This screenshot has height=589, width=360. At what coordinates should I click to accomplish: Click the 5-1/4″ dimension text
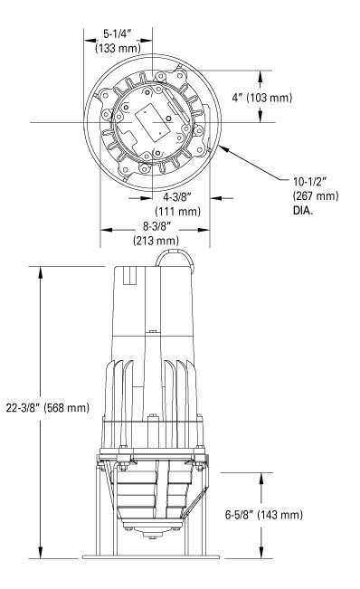pos(118,34)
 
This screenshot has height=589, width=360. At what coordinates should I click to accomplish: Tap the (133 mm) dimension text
pos(118,48)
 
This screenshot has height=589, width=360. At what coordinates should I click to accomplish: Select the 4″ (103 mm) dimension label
pos(261,98)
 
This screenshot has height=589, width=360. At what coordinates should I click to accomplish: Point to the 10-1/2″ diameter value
pos(310,182)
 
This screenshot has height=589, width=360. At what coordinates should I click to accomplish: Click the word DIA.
pos(303,210)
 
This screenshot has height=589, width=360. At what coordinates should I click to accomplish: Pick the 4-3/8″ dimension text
pos(177,196)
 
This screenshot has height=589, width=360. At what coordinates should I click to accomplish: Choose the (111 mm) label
pos(178,211)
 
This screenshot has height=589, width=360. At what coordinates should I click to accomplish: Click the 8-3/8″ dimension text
pos(156,226)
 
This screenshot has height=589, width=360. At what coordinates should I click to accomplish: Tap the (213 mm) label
pos(156,240)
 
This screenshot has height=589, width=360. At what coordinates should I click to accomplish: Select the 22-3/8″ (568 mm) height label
pos(48,407)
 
